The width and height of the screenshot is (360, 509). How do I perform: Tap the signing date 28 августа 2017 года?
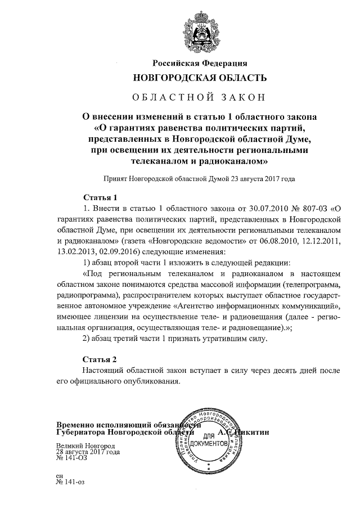(87, 452)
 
